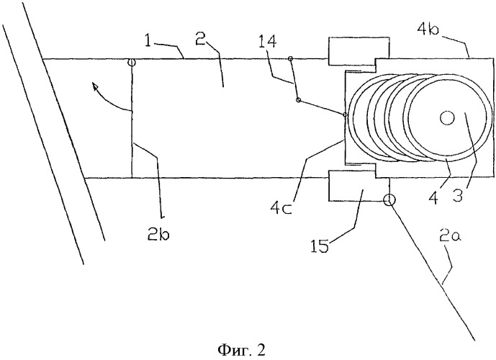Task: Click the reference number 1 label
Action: point(149,42)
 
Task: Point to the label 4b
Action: point(428,32)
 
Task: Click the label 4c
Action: point(281,207)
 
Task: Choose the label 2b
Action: point(158,235)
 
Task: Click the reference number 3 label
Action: point(457,194)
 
